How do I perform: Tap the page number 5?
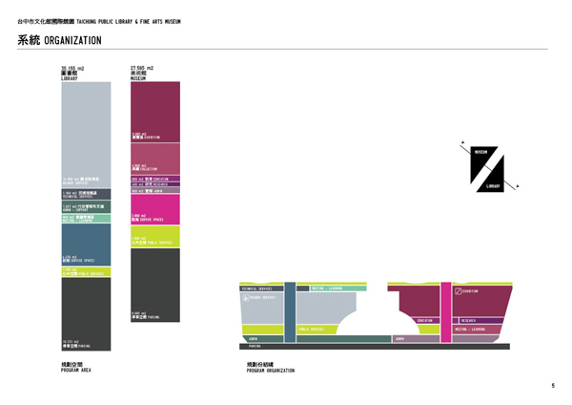pos(552,385)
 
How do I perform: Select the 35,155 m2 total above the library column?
pos(72,69)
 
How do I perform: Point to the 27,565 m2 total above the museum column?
pos(142,69)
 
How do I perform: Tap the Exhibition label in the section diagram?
pos(478,290)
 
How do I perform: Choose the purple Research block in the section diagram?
pos(480,321)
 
